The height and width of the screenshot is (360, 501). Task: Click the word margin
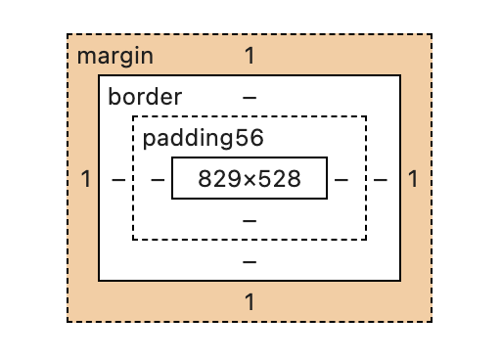tap(114, 56)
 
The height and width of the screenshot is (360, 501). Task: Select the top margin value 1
tap(250, 56)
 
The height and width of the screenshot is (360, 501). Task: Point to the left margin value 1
tap(86, 179)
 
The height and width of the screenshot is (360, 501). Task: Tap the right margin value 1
tap(413, 179)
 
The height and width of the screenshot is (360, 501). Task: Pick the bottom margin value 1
tap(250, 302)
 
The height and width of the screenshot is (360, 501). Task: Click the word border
tap(145, 98)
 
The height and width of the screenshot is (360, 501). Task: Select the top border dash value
tap(250, 98)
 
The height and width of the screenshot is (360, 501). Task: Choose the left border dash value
tap(118, 179)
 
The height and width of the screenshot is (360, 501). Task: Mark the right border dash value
tap(381, 179)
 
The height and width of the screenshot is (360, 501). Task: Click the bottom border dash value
tap(250, 261)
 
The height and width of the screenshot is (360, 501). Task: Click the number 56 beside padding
tap(250, 138)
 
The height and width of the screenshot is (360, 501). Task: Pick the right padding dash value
tap(341, 179)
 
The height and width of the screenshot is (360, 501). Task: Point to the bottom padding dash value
tap(250, 220)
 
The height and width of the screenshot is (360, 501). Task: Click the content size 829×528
tap(250, 179)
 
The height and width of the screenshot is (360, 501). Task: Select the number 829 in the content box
tap(217, 179)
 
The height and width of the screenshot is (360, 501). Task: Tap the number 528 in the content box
tap(279, 179)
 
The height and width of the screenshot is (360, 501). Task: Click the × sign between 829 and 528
tap(248, 180)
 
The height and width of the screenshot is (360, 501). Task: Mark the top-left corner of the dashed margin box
tap(68, 35)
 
